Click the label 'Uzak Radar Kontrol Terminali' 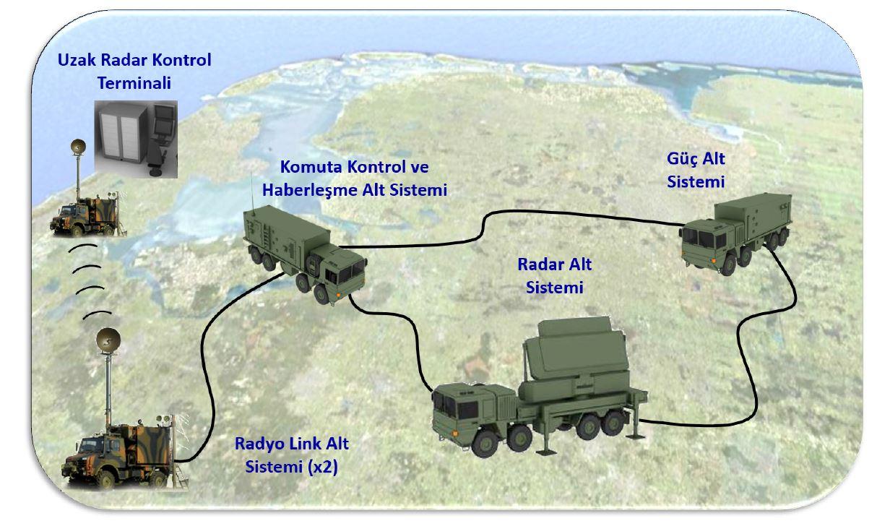(134, 72)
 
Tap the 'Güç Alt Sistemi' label (696, 170)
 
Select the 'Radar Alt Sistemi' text (554, 276)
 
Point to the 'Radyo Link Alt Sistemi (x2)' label (292, 455)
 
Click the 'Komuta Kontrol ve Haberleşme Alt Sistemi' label (355, 178)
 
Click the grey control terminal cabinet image (136, 139)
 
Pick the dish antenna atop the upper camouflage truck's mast (78, 147)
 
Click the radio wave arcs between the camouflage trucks (90, 281)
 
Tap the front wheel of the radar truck (485, 444)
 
